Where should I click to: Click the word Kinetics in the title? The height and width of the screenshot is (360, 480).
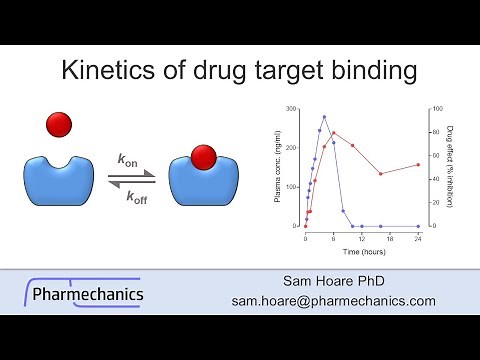click(x=105, y=72)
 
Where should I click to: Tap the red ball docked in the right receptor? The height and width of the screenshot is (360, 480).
click(x=204, y=156)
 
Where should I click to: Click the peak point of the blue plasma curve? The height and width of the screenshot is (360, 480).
click(x=324, y=117)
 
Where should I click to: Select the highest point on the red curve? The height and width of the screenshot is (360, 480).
click(x=334, y=133)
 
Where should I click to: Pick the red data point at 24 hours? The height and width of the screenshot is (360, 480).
click(x=418, y=164)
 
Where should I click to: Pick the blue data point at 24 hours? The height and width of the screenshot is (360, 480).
click(x=418, y=226)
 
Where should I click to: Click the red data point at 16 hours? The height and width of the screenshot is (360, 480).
click(x=380, y=174)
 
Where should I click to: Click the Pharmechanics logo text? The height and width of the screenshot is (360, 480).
click(x=88, y=294)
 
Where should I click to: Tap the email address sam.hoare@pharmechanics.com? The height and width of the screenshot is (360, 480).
click(x=333, y=300)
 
